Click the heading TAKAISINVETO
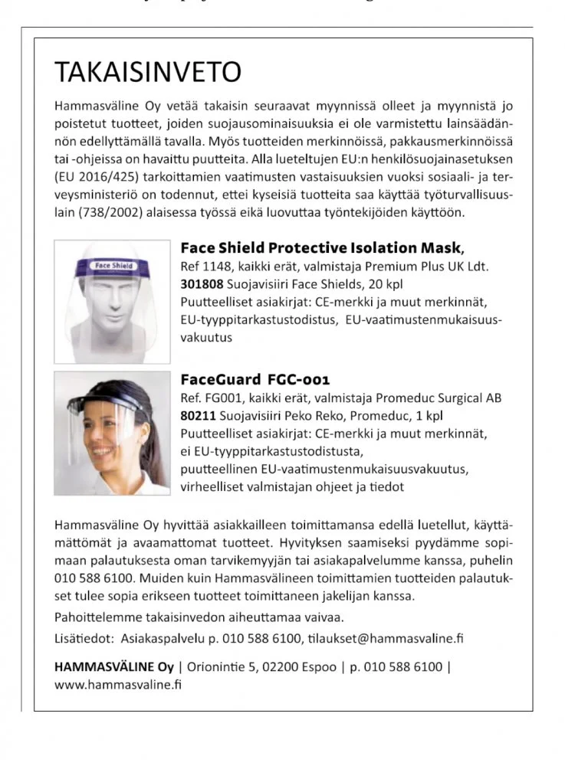(x=148, y=72)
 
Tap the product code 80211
(x=195, y=416)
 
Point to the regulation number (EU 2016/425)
(x=90, y=178)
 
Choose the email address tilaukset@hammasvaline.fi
(x=386, y=637)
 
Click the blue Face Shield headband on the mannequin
(x=113, y=265)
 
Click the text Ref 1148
(x=203, y=267)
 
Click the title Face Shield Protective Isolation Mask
(x=321, y=247)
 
